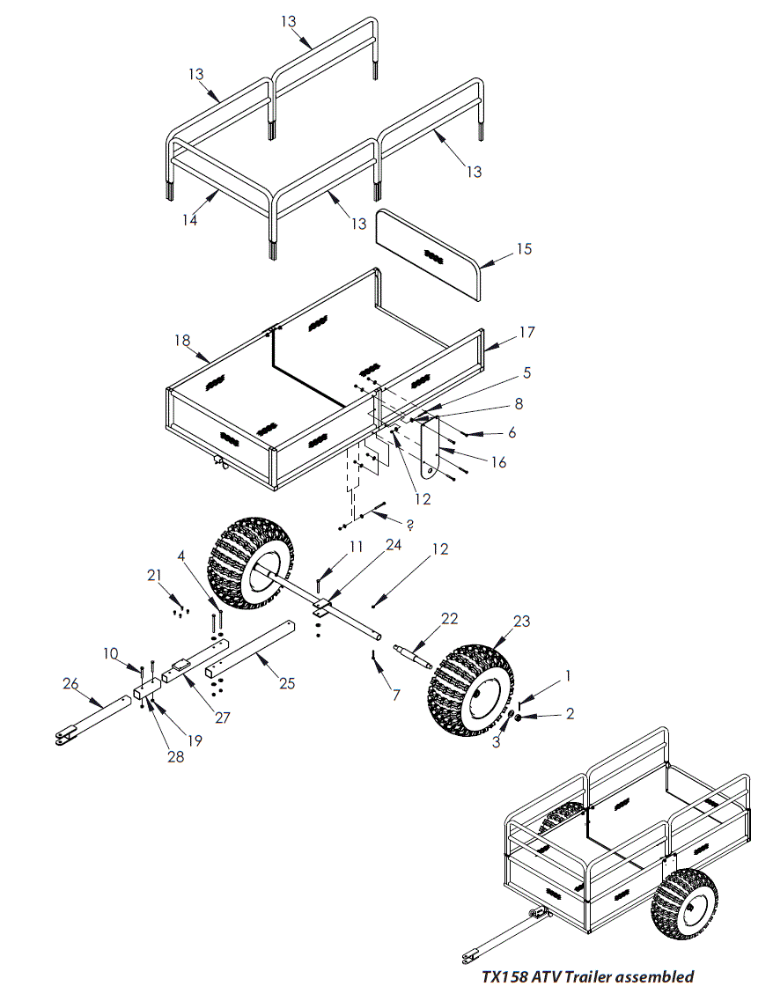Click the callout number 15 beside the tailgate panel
pyautogui.click(x=524, y=249)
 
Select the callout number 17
pyautogui.click(x=526, y=332)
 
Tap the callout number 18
pyautogui.click(x=182, y=340)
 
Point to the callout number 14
pyautogui.click(x=189, y=220)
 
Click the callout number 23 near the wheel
pyautogui.click(x=522, y=621)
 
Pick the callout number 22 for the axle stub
pyautogui.click(x=450, y=619)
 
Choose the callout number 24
pyautogui.click(x=393, y=545)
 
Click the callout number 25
pyautogui.click(x=286, y=682)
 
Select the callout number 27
pyautogui.click(x=223, y=718)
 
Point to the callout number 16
pyautogui.click(x=498, y=461)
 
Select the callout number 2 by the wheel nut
pyautogui.click(x=570, y=714)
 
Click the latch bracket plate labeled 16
pyautogui.click(x=430, y=449)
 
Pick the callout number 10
pyautogui.click(x=110, y=653)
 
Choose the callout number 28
pyautogui.click(x=176, y=756)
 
